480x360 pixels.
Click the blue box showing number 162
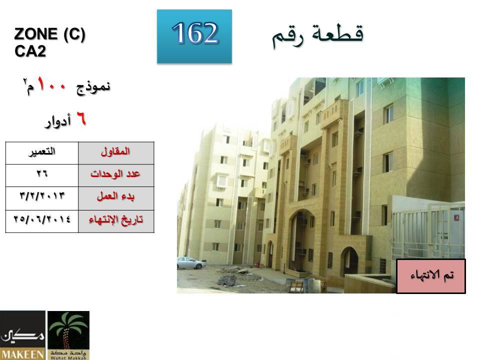pyautogui.click(x=194, y=36)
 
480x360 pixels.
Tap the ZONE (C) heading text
pyautogui.click(x=49, y=34)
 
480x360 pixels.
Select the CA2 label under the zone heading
pyautogui.click(x=30, y=51)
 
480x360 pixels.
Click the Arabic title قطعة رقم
pyautogui.click(x=317, y=35)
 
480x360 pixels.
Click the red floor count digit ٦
pyautogui.click(x=81, y=119)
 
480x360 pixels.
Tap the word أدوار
pyautogui.click(x=58, y=121)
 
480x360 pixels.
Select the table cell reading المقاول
pyautogui.click(x=116, y=153)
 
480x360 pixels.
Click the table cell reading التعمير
pyautogui.click(x=42, y=153)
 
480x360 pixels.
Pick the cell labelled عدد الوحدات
pyautogui.click(x=116, y=175)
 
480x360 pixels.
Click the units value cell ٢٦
pyautogui.click(x=42, y=175)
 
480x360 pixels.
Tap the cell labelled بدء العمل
pyautogui.click(x=116, y=198)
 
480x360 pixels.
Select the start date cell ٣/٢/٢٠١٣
pyautogui.click(x=42, y=198)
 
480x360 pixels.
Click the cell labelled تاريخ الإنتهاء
pyautogui.click(x=116, y=221)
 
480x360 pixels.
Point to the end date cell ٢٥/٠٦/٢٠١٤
pyautogui.click(x=42, y=221)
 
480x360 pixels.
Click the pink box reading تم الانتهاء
pyautogui.click(x=431, y=276)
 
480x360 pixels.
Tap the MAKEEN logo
pyautogui.click(x=22, y=335)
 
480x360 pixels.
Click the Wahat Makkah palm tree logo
pyautogui.click(x=68, y=335)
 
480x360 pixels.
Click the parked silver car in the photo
pyautogui.click(x=191, y=263)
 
